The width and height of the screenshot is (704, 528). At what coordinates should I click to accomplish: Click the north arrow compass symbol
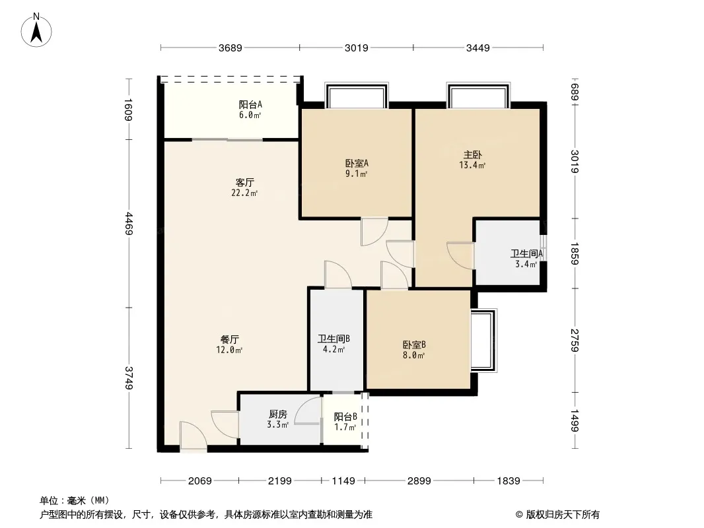click(38, 30)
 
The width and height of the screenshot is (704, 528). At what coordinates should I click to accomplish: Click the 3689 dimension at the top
click(230, 48)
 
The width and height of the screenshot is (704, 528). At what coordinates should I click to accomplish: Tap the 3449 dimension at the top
click(477, 48)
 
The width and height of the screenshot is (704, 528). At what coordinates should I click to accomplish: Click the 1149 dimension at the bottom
click(343, 481)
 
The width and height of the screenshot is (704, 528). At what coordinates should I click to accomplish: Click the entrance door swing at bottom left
click(192, 438)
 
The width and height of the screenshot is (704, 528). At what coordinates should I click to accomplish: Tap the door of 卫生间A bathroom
click(459, 255)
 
